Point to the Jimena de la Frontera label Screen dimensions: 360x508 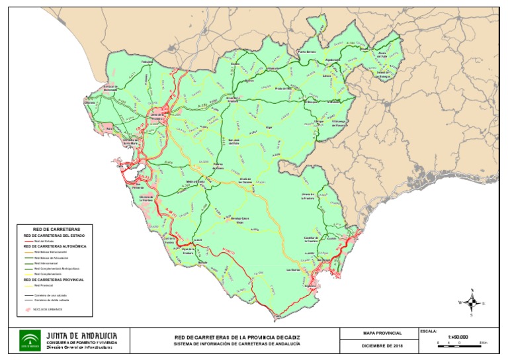tap(310, 196)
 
